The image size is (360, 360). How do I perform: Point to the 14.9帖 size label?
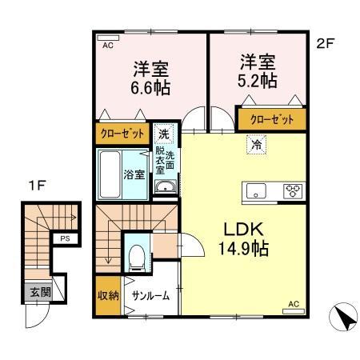tap(242, 249)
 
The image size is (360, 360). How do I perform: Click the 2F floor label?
tap(324, 44)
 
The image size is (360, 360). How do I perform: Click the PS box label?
tap(63, 238)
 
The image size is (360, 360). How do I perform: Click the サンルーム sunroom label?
tap(151, 295)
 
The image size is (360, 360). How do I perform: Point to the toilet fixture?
tap(137, 256)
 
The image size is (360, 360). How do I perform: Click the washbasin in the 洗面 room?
tap(165, 188)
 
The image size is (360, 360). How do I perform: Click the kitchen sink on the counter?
tap(257, 190)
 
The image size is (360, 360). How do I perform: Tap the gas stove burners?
tap(292, 190)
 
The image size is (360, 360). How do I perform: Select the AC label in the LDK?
tap(294, 303)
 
